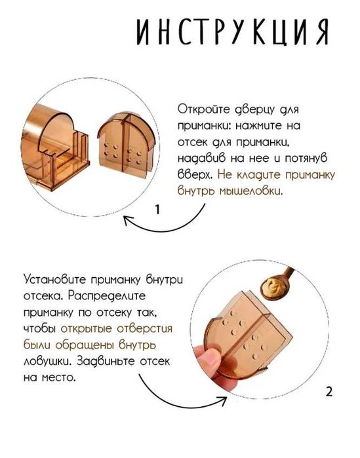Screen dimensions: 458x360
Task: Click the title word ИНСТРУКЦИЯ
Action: click(x=231, y=32)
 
